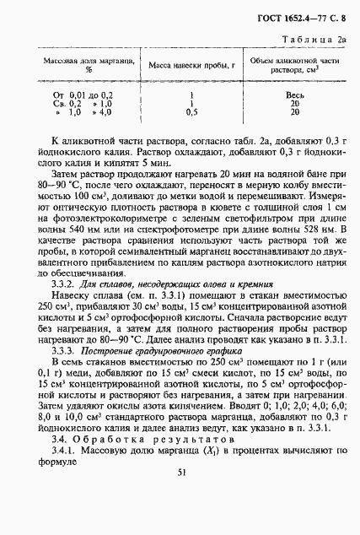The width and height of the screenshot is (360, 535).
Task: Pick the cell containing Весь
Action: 295,95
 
